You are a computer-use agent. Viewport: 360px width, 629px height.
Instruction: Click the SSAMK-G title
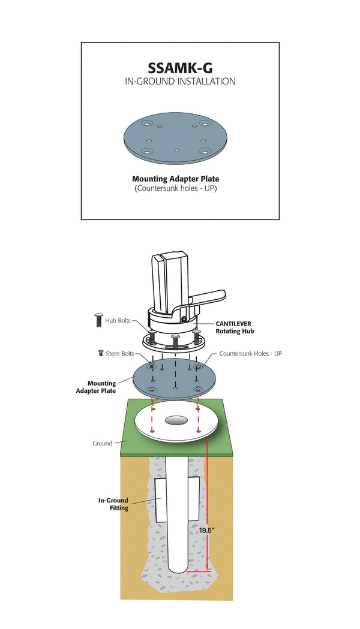point(180,67)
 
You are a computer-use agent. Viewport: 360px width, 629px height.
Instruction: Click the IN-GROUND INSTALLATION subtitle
point(180,82)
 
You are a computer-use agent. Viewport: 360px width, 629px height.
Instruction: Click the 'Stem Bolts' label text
point(120,354)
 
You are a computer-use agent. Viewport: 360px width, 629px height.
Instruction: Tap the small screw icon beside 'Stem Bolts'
point(100,354)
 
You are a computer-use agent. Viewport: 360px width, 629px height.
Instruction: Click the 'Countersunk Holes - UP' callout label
point(250,354)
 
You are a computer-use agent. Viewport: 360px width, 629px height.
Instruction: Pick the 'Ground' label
point(102,443)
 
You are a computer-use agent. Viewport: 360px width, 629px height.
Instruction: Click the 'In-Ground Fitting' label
point(113,504)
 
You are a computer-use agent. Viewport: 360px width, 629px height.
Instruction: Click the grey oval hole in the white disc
point(176,421)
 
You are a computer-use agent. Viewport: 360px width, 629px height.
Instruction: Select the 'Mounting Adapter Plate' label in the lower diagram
point(102,387)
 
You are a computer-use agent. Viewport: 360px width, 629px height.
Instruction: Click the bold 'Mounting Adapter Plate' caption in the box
point(180,179)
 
